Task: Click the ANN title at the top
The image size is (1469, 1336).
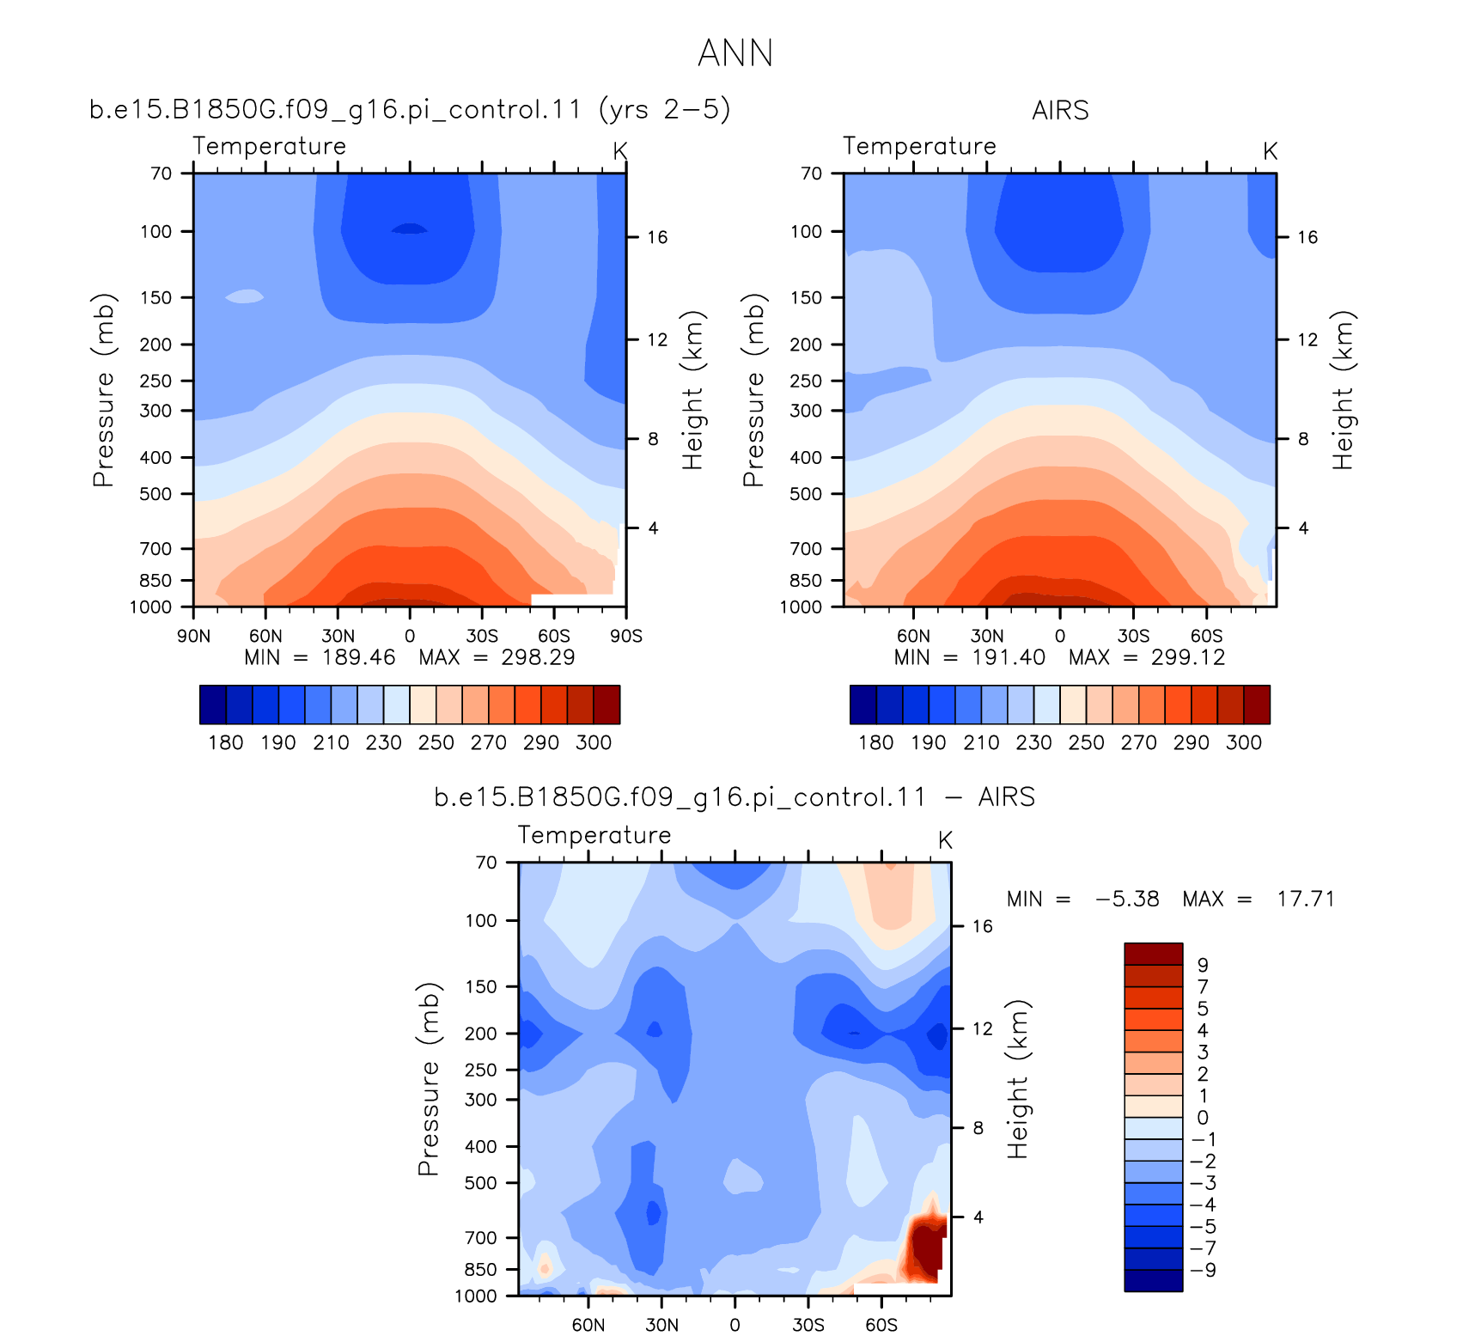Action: (735, 53)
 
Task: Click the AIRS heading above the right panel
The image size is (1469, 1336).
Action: (1060, 111)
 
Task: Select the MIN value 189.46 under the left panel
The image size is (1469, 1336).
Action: (359, 657)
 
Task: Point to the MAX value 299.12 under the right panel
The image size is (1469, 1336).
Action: (1188, 657)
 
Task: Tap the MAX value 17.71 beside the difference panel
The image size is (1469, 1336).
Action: (1306, 899)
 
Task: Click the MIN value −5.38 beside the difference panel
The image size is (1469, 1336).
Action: (1127, 899)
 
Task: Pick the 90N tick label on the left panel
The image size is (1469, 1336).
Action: (193, 636)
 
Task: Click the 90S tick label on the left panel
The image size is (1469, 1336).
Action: (626, 636)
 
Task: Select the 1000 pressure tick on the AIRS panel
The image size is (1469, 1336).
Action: (801, 607)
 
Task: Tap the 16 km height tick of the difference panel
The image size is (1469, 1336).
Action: (983, 926)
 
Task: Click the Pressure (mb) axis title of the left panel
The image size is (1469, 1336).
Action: (103, 390)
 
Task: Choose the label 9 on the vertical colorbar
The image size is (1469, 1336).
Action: (1203, 965)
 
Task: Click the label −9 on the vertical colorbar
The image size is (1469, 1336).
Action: (1203, 1270)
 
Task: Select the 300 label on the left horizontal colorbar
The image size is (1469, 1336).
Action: (594, 742)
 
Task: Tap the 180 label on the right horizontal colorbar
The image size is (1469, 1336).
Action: (876, 742)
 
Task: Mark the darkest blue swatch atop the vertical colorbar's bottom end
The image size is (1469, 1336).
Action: (1154, 1281)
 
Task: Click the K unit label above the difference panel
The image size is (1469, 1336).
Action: (945, 839)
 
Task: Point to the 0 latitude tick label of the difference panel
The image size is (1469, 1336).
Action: (734, 1325)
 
